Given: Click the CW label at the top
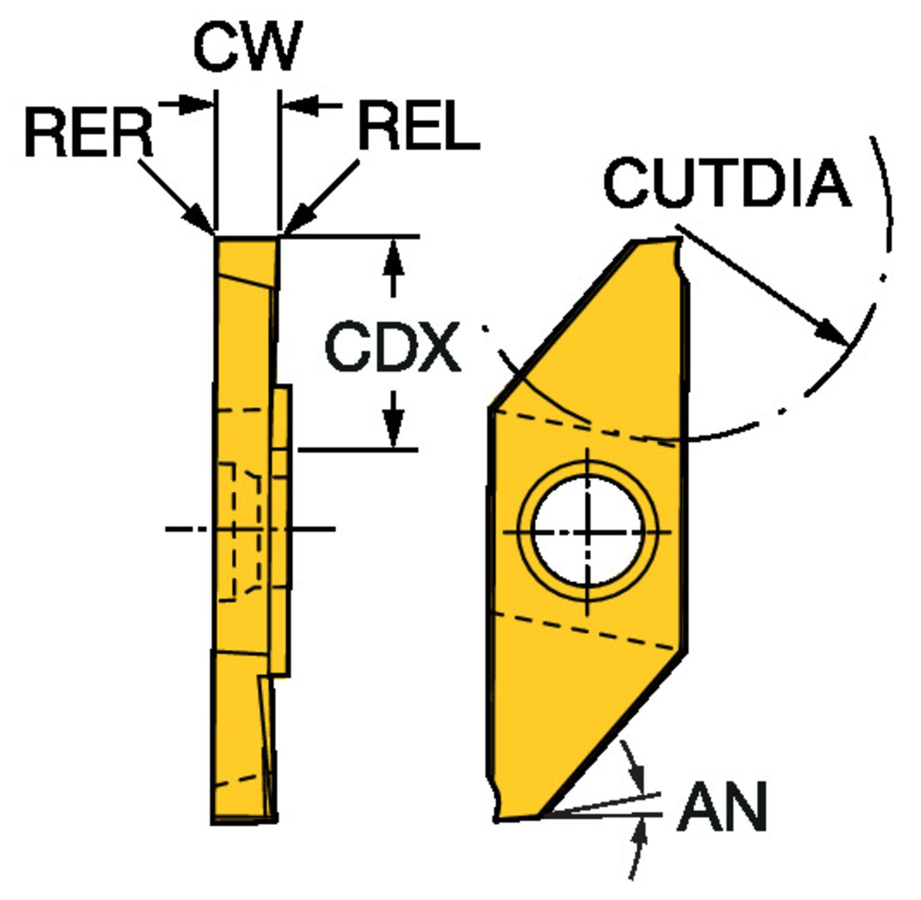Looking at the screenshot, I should pos(247,47).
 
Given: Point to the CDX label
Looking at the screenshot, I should pos(392,347).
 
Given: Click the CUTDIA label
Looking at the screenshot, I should pos(728,182).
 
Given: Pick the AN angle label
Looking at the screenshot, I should pos(722,807).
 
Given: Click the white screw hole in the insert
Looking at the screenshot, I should pos(588,532).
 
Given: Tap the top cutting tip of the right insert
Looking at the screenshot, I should pos(678,240).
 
